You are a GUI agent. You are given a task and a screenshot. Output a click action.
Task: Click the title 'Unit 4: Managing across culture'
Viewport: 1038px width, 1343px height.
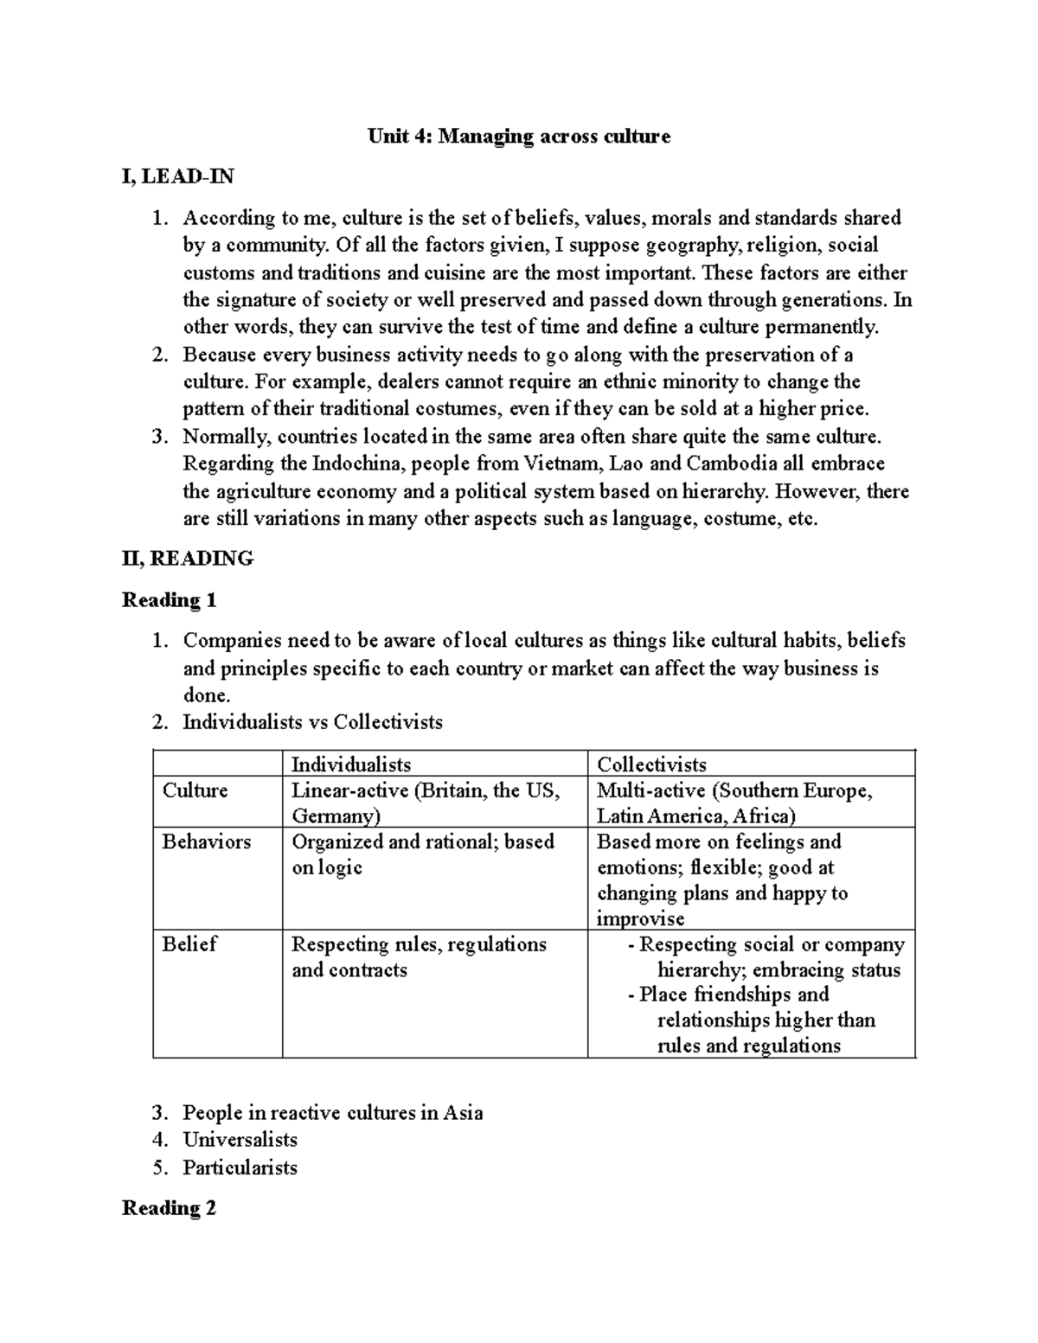519,136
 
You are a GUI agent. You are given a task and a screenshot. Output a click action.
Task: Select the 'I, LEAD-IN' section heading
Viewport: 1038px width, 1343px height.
178,176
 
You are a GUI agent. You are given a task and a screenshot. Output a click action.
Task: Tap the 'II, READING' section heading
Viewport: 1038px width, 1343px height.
188,559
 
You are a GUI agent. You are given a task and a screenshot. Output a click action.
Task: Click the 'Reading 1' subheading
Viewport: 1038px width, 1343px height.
169,600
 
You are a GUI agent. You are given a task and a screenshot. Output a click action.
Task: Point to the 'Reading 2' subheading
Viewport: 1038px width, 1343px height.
169,1208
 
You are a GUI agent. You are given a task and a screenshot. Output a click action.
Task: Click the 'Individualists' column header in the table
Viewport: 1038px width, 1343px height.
350,764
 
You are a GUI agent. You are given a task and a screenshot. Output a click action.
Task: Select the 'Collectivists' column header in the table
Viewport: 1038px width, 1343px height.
651,764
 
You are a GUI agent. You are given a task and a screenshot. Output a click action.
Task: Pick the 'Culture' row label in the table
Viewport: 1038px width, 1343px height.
195,790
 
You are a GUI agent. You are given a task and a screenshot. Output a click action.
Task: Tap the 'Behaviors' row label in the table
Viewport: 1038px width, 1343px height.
206,841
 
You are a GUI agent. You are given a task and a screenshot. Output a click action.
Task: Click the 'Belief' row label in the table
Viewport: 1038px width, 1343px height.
189,944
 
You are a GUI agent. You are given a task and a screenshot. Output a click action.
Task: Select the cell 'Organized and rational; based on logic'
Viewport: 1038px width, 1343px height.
422,854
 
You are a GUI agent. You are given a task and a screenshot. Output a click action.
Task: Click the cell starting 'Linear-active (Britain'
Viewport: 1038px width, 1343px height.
426,803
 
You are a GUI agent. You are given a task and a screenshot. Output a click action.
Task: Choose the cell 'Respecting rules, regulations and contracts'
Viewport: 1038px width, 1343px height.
419,956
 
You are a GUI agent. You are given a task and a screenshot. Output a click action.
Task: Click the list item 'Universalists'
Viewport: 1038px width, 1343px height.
240,1140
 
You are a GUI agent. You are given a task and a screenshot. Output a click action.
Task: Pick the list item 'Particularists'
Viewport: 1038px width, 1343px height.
240,1167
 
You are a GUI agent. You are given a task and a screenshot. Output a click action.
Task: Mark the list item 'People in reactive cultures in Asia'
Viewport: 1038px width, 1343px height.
332,1113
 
